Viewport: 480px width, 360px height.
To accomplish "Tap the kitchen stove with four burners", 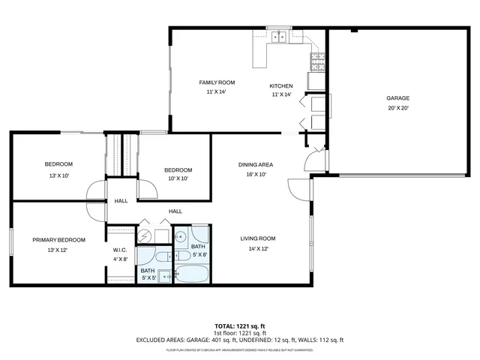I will tap(317, 61).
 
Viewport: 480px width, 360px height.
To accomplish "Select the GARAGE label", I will tap(397, 98).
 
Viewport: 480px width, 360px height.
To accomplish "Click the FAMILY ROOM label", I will tap(217, 82).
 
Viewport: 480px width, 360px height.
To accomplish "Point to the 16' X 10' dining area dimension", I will tap(255, 174).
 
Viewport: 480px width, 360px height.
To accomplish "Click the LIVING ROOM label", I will tap(254, 238).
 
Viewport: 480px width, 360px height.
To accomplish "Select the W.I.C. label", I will tap(120, 250).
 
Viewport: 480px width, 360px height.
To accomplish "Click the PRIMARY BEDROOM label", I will tap(58, 240).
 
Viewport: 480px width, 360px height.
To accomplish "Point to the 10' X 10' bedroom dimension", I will tap(178, 178).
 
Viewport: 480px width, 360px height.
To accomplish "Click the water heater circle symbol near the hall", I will tap(145, 236).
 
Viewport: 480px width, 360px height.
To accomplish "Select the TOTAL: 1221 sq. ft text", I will tap(240, 326).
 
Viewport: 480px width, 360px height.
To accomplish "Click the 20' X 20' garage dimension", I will tap(397, 108).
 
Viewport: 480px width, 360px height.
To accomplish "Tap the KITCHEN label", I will tap(281, 86).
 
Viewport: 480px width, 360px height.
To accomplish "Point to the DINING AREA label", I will tap(255, 164).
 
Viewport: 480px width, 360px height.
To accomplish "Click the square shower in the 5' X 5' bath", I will tap(166, 275).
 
